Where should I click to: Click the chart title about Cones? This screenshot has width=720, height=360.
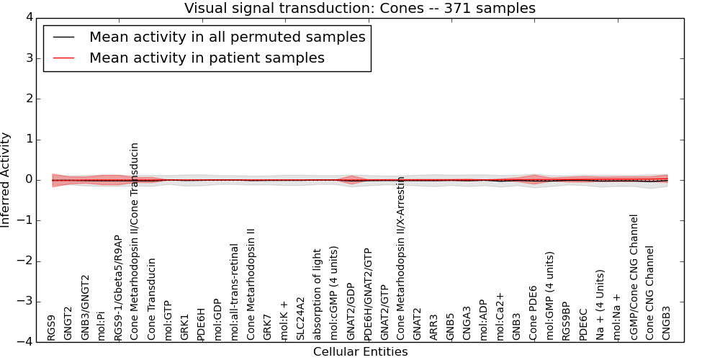360,8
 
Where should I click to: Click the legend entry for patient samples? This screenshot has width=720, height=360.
207,58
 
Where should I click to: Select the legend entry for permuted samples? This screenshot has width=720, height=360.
227,37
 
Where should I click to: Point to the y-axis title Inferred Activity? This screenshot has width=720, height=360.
6,180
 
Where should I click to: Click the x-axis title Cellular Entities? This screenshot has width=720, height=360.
360,352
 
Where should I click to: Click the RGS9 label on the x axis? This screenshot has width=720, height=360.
52,328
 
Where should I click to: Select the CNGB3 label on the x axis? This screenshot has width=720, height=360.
666,323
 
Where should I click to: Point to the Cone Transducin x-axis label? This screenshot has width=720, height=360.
152,300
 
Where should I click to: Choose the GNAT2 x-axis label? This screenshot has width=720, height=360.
418,324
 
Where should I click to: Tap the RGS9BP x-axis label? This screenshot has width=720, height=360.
567,321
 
